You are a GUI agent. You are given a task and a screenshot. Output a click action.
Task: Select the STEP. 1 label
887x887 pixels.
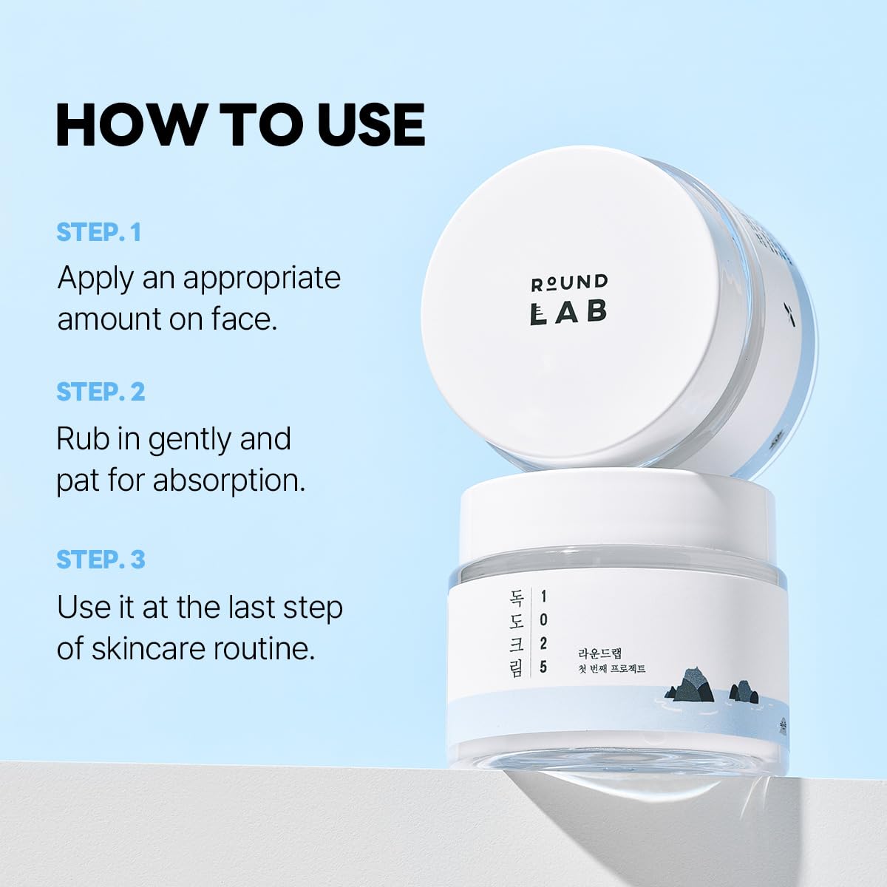pyautogui.click(x=98, y=232)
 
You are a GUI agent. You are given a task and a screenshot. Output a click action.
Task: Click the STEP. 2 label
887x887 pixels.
pyautogui.click(x=101, y=391)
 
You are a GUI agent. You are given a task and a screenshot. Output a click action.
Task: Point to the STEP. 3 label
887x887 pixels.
pyautogui.click(x=101, y=560)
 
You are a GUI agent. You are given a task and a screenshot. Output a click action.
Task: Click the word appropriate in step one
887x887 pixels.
pyautogui.click(x=262, y=279)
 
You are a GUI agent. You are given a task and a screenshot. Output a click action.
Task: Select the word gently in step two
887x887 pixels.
pyautogui.click(x=190, y=441)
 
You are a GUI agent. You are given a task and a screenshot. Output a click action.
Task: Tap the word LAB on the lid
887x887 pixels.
pyautogui.click(x=568, y=312)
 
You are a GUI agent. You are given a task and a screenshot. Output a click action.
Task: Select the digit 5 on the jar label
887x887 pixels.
pyautogui.click(x=544, y=667)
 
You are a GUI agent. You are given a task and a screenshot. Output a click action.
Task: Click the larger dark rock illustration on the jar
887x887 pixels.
pyautogui.click(x=691, y=685)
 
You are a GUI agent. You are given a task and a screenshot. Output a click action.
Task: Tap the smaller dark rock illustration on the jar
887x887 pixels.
pyautogui.click(x=743, y=692)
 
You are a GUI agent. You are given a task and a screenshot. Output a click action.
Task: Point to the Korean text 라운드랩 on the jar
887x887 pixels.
pyautogui.click(x=599, y=653)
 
